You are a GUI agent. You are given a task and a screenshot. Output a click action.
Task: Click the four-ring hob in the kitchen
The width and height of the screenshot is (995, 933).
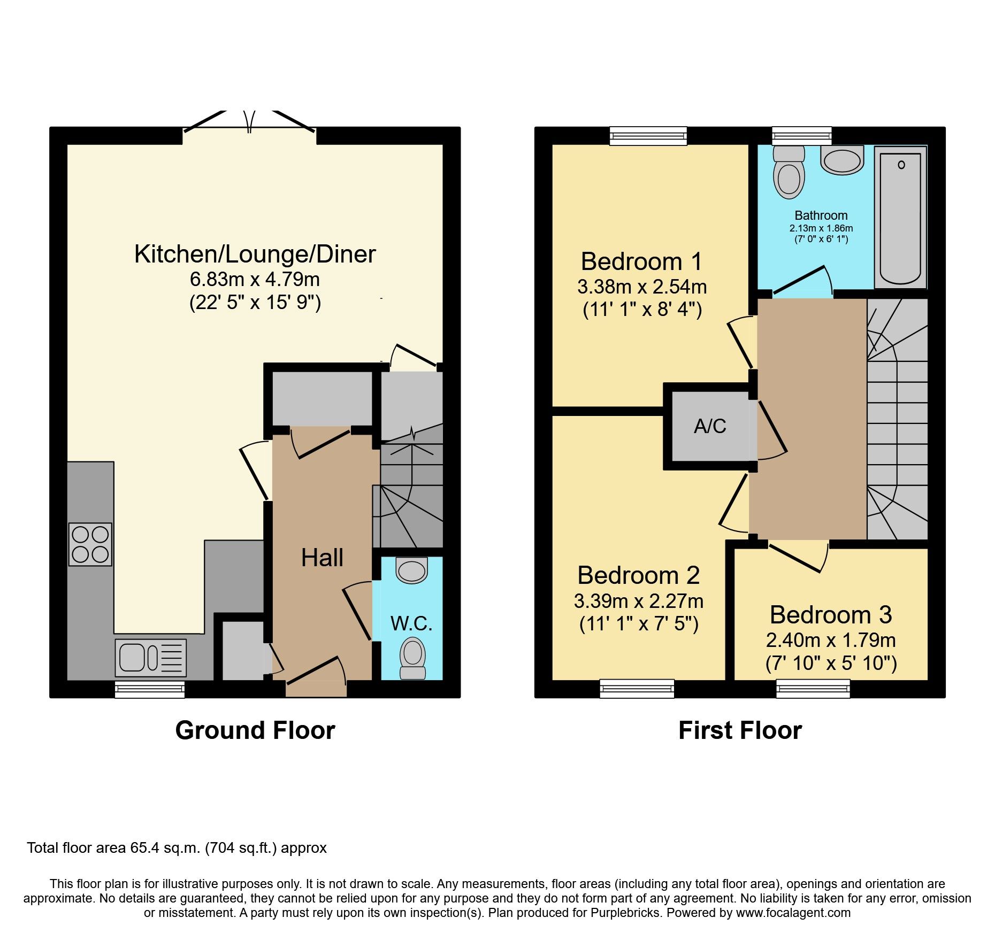click(x=90, y=544)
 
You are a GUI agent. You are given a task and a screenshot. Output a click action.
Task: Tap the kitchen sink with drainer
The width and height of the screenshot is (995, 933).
click(x=151, y=658)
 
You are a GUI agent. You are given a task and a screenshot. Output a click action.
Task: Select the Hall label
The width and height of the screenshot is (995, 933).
click(x=322, y=558)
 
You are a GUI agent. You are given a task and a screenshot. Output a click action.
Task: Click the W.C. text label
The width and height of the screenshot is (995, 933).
click(x=411, y=623)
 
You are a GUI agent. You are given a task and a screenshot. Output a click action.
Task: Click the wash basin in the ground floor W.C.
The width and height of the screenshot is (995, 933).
click(x=412, y=570)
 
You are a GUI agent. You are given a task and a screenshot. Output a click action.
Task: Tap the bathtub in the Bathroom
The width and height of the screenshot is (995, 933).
click(x=900, y=218)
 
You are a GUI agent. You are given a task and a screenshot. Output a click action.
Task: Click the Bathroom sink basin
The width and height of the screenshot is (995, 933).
click(x=843, y=160)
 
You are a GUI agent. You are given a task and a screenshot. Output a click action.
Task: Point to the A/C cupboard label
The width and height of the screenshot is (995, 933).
click(x=710, y=426)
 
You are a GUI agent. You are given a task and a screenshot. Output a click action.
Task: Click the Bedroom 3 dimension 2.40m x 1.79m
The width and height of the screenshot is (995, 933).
click(x=831, y=640)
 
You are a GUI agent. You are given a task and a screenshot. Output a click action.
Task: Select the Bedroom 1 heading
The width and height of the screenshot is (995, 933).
click(x=641, y=262)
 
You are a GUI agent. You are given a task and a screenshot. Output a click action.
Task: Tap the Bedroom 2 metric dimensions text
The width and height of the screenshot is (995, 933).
click(x=639, y=602)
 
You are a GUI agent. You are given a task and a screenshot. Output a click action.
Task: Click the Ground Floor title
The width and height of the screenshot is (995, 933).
click(x=255, y=730)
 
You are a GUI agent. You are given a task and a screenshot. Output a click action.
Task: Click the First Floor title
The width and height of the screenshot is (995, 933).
click(x=740, y=730)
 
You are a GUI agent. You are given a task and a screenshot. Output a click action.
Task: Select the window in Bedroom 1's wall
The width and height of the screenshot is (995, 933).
click(x=648, y=136)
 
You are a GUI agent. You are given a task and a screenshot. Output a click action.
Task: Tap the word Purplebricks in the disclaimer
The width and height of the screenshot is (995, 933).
click(x=625, y=913)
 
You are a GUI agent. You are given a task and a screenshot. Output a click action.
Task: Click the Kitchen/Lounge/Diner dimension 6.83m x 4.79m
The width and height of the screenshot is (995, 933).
click(x=255, y=279)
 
